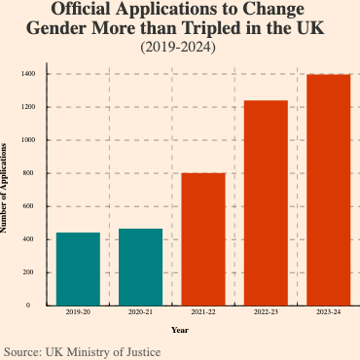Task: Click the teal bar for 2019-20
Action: pyautogui.click(x=78, y=269)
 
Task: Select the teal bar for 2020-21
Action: pyautogui.click(x=141, y=267)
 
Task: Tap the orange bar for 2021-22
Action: pyautogui.click(x=203, y=238)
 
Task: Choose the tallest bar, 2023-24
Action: pyautogui.click(x=329, y=190)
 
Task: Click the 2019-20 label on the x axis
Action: pyautogui.click(x=78, y=312)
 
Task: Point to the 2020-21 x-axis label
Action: pyautogui.click(x=141, y=312)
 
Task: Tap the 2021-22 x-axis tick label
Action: pyautogui.click(x=203, y=312)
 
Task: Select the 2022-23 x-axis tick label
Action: pyautogui.click(x=266, y=312)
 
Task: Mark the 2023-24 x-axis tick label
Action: pyautogui.click(x=329, y=312)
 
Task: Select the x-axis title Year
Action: pyautogui.click(x=179, y=330)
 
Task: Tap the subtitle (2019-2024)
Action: pyautogui.click(x=179, y=46)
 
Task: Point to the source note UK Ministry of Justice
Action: pyautogui.click(x=103, y=350)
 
